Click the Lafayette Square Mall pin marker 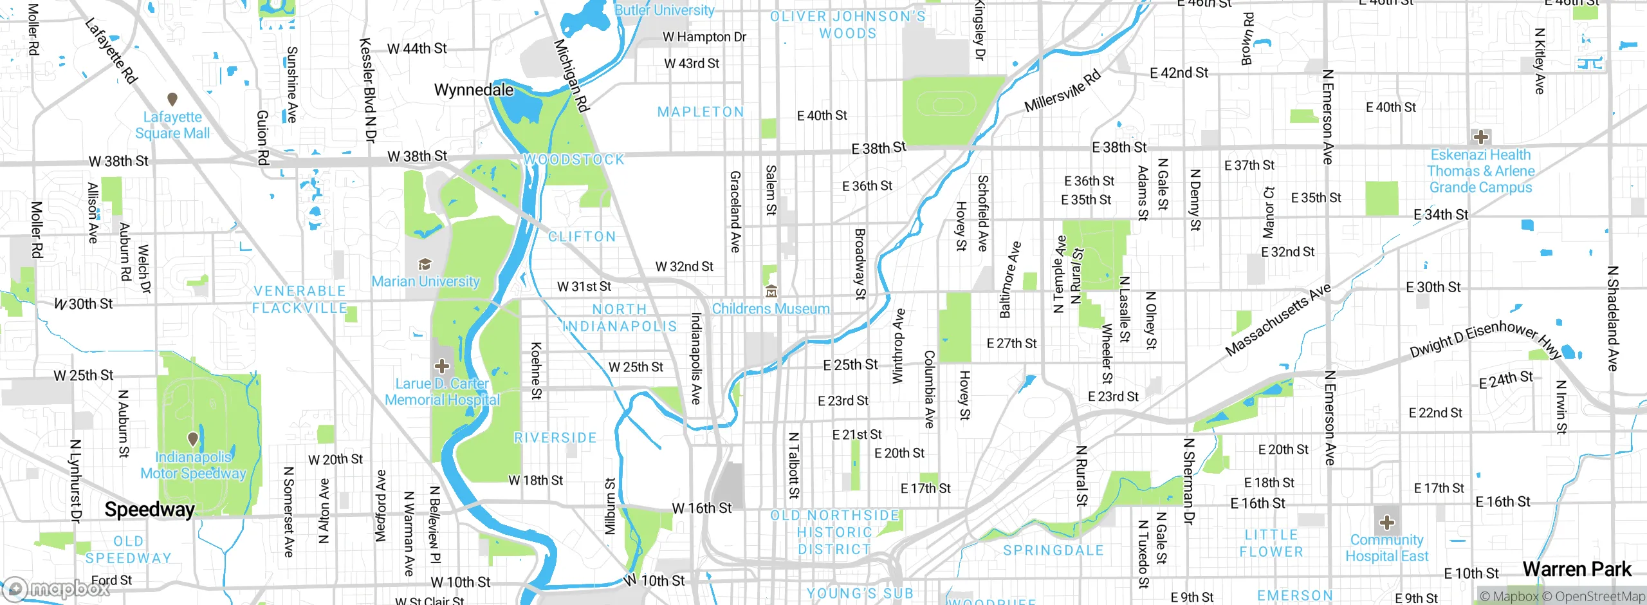[172, 99]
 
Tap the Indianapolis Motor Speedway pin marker [192, 439]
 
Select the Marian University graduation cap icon [425, 264]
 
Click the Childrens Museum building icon [771, 292]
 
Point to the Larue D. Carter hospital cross [441, 366]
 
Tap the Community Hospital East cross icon [1386, 522]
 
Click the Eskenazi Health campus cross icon [1480, 136]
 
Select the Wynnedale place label [474, 90]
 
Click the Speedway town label [149, 510]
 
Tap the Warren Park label [1577, 570]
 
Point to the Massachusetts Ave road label [1277, 320]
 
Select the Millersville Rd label [1062, 91]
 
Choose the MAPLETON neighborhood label [700, 112]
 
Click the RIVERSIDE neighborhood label [555, 438]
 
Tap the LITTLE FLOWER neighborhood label [1271, 543]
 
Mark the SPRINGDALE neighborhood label [1053, 550]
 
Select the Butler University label [664, 10]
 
